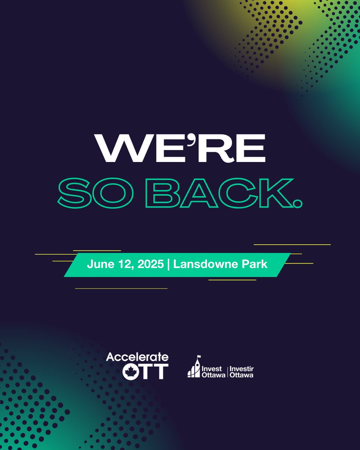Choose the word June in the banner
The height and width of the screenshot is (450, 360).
(99, 264)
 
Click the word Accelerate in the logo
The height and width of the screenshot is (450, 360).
(137, 357)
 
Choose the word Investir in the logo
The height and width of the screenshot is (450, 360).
(241, 369)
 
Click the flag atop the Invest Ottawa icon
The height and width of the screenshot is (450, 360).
(199, 357)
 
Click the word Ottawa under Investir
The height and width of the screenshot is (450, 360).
(241, 375)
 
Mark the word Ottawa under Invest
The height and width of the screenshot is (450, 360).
(213, 375)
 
